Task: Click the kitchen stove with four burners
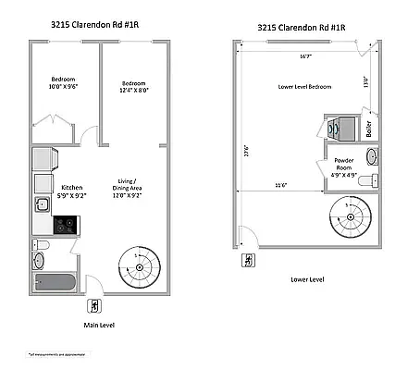point(64,223)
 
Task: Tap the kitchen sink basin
point(42,204)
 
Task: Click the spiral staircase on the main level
point(135,266)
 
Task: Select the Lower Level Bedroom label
point(304,86)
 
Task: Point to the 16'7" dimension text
point(305,57)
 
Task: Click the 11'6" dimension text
point(278,186)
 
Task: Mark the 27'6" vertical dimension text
point(245,148)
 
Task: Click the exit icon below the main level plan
point(93,307)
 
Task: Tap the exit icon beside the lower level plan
point(247,262)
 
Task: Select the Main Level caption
point(98,326)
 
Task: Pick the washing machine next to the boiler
point(337,129)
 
